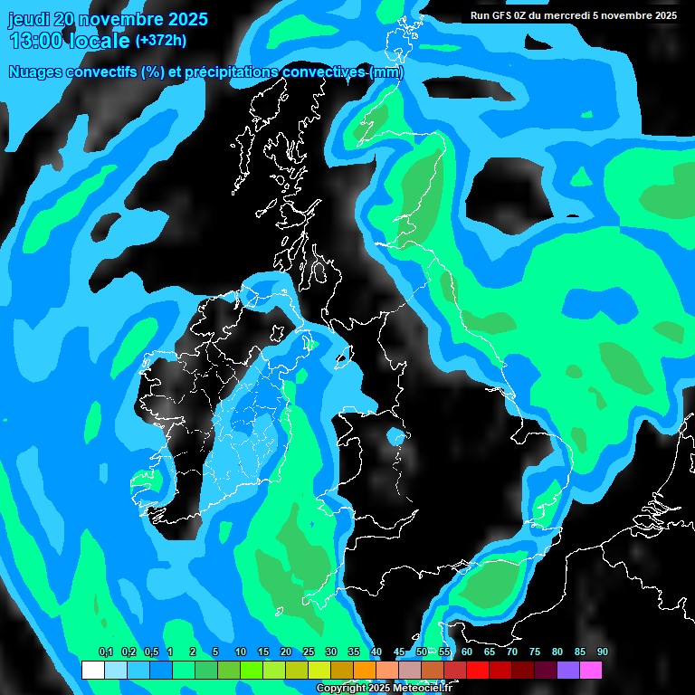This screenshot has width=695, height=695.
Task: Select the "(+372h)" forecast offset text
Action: pos(160,40)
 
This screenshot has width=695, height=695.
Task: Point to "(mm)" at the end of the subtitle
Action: pos(386,72)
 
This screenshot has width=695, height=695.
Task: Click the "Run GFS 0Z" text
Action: pos(501,14)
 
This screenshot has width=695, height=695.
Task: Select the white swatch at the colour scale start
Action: pos(92,671)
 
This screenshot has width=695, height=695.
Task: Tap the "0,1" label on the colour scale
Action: pos(105,652)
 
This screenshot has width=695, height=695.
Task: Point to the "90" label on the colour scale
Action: pos(603,652)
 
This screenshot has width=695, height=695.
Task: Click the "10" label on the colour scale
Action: pos(241,652)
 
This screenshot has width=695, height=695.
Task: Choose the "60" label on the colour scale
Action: pos(467,652)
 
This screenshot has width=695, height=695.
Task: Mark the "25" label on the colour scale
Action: pos(309,652)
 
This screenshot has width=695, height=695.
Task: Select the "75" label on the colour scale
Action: pos(535,652)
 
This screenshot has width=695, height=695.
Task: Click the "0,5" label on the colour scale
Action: pos(150,652)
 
